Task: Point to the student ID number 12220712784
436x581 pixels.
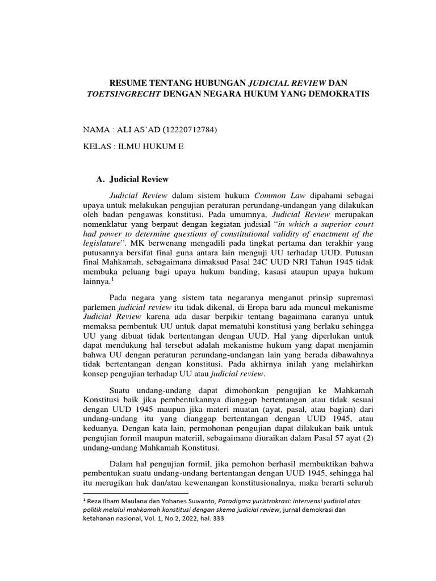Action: click(x=190, y=130)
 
